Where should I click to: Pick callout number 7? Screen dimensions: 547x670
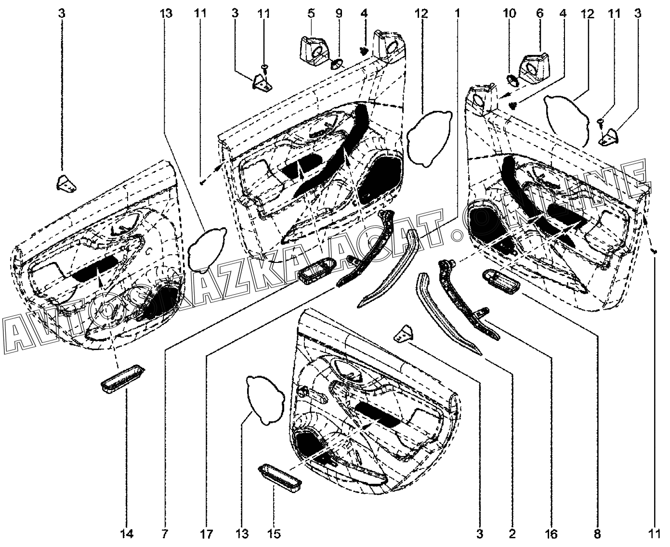pyautogui.click(x=165, y=533)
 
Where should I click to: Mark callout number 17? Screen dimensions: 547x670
pyautogui.click(x=206, y=533)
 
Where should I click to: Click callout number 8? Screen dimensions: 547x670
pyautogui.click(x=597, y=533)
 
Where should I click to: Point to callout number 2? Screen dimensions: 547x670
pyautogui.click(x=512, y=533)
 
